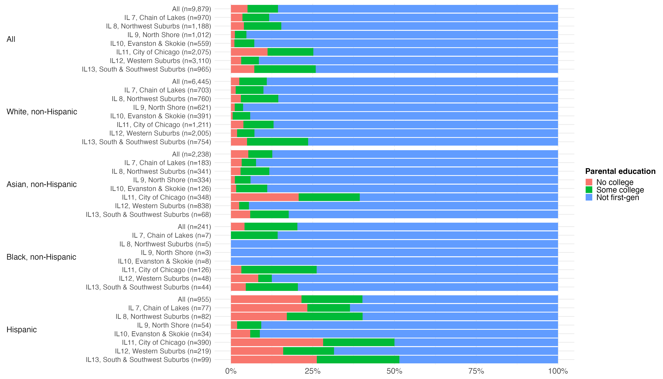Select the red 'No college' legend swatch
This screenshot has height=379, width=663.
(x=589, y=182)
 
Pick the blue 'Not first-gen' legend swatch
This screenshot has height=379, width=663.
(x=589, y=197)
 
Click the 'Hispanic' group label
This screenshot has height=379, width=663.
(x=22, y=330)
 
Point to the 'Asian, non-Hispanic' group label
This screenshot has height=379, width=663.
(x=42, y=184)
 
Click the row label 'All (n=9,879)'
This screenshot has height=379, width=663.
(x=191, y=9)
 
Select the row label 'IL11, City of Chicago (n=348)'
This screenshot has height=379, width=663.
(x=167, y=197)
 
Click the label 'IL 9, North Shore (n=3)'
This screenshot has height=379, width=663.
(x=176, y=253)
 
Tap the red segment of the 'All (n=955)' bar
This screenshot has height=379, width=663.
(x=266, y=299)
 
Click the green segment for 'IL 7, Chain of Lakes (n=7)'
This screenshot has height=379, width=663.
(x=254, y=235)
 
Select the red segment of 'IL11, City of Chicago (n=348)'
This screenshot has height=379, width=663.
(x=265, y=197)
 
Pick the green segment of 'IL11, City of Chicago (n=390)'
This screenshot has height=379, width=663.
(x=358, y=342)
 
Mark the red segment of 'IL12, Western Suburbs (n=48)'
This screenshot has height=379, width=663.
(x=244, y=279)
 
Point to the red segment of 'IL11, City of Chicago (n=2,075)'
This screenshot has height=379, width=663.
(x=249, y=52)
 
